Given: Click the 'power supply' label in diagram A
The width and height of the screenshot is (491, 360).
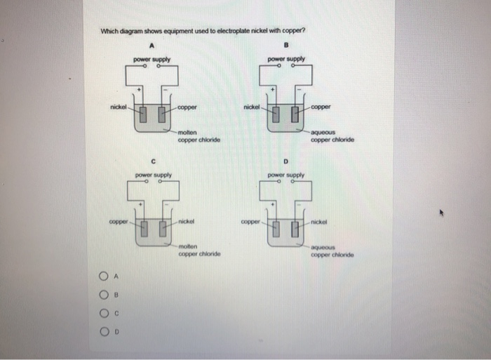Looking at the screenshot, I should (x=152, y=59).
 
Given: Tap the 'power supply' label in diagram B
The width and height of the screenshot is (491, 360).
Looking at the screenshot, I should (x=286, y=59).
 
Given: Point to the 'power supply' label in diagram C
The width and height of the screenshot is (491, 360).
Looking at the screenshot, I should (x=152, y=175).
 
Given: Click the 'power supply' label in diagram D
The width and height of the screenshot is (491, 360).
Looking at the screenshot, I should (x=286, y=175).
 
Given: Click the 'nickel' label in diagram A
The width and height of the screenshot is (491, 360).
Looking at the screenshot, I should (x=118, y=107).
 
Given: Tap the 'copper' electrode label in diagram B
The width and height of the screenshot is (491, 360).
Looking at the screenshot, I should (x=321, y=107).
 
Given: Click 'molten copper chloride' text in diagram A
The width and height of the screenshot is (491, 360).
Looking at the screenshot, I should (x=199, y=136).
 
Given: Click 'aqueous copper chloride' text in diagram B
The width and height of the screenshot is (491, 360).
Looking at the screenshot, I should (x=332, y=135).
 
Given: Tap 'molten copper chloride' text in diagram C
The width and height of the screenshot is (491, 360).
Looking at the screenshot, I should (x=199, y=250).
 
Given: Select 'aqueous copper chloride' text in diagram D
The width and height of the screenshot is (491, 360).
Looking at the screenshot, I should (x=332, y=251).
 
